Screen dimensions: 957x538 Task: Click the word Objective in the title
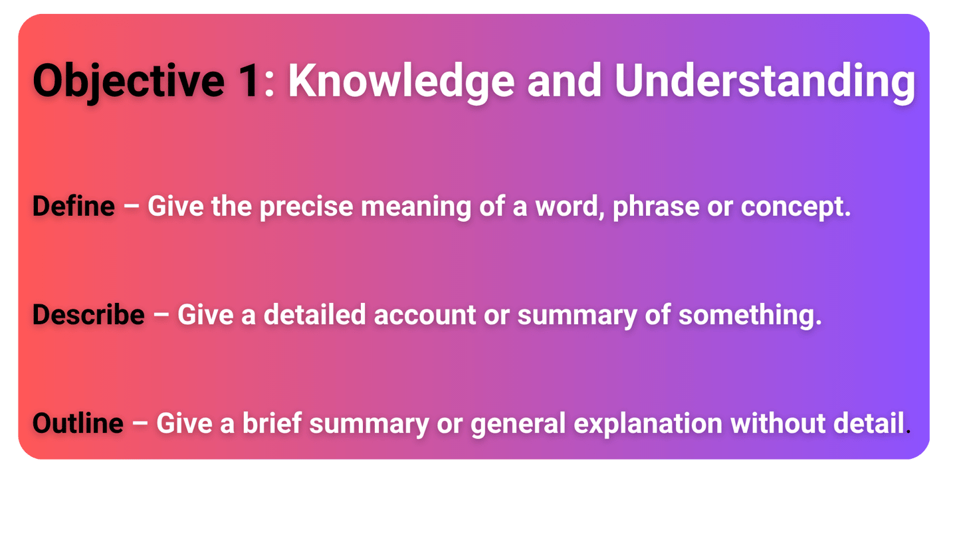129,82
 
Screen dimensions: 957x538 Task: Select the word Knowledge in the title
401,82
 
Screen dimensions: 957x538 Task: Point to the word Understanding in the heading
765,82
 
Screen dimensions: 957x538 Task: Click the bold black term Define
74,206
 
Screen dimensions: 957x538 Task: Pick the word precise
306,207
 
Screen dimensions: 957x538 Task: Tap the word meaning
416,207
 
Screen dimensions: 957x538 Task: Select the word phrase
656,207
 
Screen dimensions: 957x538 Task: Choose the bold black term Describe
88,315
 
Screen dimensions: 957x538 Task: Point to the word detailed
314,315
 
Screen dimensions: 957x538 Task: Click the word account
425,315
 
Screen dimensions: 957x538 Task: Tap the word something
747,316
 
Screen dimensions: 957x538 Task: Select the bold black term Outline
78,423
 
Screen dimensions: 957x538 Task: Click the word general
518,424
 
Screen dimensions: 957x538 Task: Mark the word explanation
648,424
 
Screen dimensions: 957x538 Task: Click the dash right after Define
131,207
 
